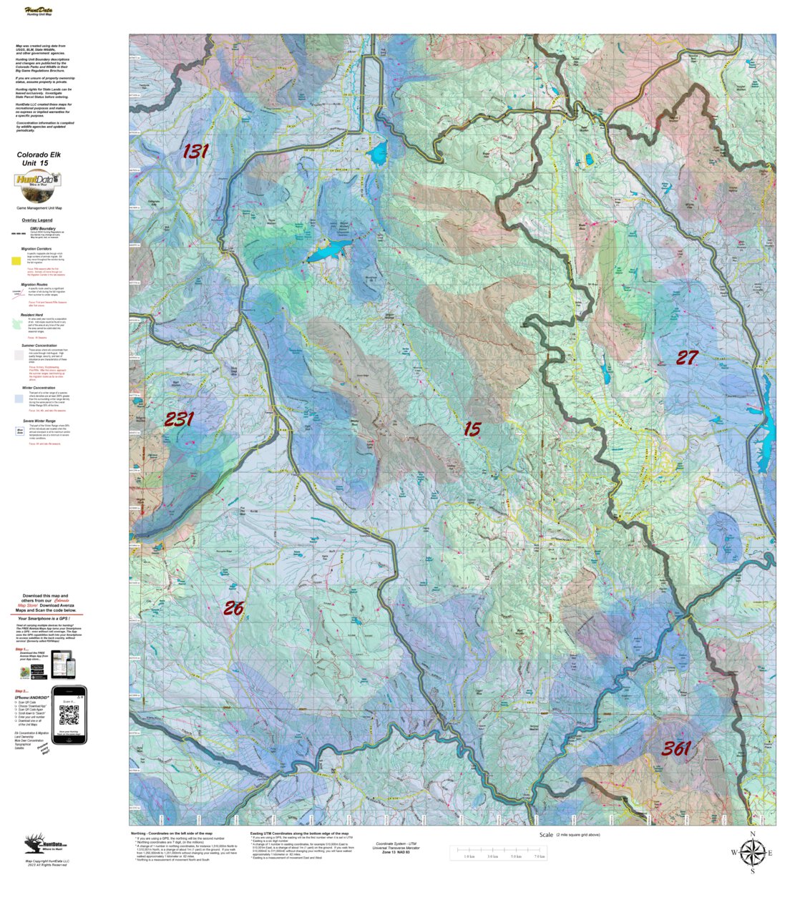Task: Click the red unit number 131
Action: tap(195, 151)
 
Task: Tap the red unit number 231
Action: tap(179, 419)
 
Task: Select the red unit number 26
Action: tap(233, 608)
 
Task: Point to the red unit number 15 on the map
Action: tap(472, 429)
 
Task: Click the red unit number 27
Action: tap(687, 358)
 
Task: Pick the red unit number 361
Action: tap(675, 748)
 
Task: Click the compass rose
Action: tap(752, 852)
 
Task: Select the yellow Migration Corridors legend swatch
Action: tap(16, 260)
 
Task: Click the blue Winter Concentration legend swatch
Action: tap(18, 398)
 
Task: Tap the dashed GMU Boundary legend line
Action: tap(18, 234)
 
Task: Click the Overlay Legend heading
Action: tap(36, 220)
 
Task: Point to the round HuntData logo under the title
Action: tap(36, 187)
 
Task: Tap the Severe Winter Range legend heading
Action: tap(39, 421)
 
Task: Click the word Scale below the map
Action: tap(546, 835)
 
